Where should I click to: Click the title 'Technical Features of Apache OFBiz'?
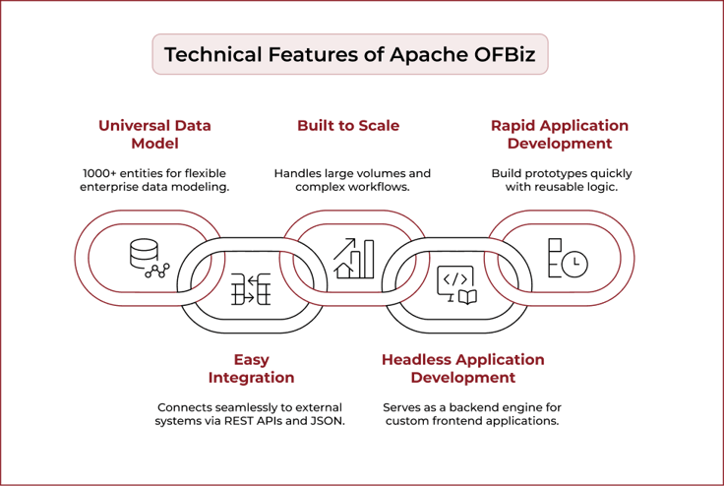349,54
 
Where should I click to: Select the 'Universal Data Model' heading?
154,135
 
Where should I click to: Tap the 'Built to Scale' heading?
348,126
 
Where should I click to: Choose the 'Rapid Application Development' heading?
559,135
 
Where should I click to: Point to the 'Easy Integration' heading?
251,369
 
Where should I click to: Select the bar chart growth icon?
353,258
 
